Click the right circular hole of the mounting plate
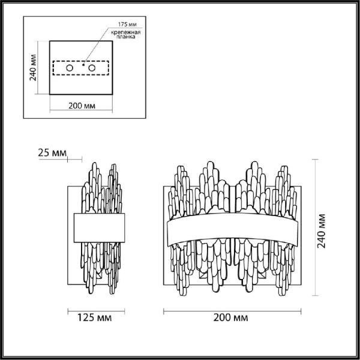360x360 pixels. click(x=92, y=69)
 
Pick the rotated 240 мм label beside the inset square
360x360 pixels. click(x=34, y=68)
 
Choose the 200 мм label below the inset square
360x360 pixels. click(x=80, y=106)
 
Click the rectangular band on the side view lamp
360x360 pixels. click(x=100, y=227)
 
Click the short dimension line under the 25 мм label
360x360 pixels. click(x=74, y=159)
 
